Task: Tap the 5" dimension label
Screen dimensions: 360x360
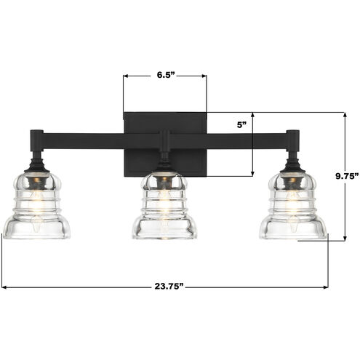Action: pyautogui.click(x=241, y=124)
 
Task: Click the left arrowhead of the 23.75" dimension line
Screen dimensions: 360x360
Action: pyautogui.click(x=5, y=287)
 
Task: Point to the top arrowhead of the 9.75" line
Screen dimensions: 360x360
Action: pyautogui.click(x=345, y=115)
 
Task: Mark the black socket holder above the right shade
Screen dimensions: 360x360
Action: pyautogui.click(x=293, y=161)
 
